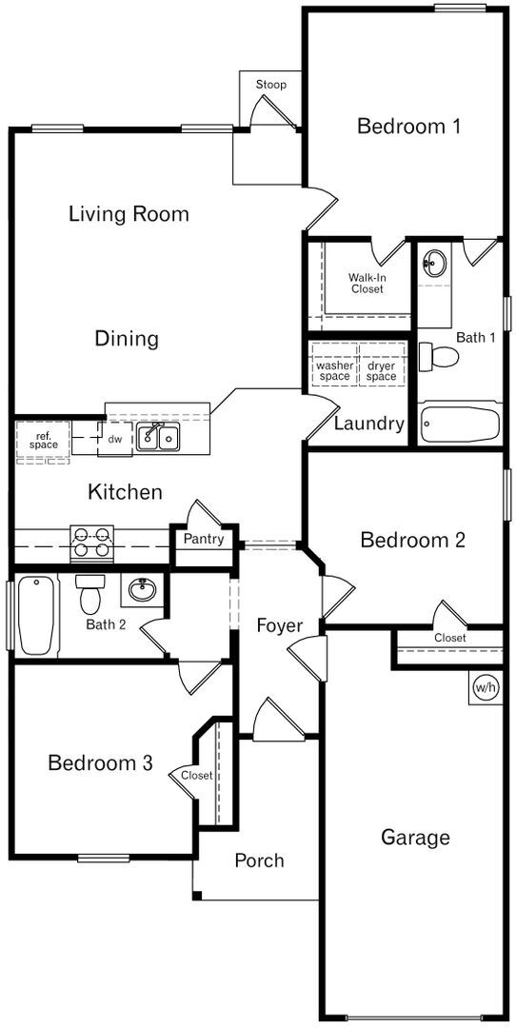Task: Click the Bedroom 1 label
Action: click(408, 126)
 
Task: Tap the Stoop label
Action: click(270, 85)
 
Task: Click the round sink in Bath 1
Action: click(435, 263)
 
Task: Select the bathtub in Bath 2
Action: click(35, 615)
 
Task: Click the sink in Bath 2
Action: click(142, 590)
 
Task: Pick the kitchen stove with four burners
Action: click(91, 544)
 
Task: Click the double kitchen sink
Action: click(159, 438)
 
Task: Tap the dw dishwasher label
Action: click(114, 439)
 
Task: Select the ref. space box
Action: click(43, 441)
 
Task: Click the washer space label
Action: click(334, 370)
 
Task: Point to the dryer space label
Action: click(381, 370)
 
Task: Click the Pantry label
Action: click(204, 540)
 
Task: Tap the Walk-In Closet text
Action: click(367, 283)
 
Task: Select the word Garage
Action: click(415, 838)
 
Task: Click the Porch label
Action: click(259, 860)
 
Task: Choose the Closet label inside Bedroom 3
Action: click(197, 776)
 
